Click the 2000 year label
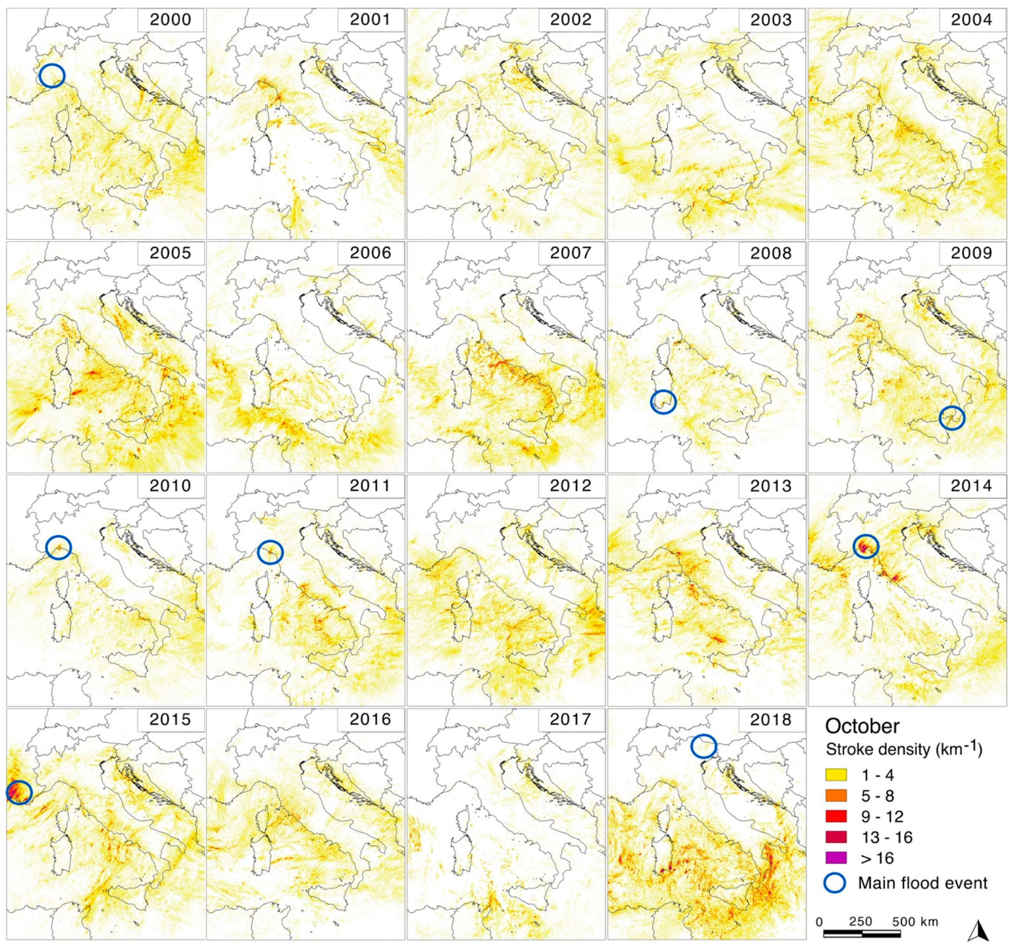(170, 20)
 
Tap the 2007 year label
(570, 253)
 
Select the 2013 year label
(771, 485)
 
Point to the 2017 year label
(570, 719)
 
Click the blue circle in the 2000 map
(52, 76)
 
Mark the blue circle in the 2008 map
(663, 402)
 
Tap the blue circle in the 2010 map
(59, 547)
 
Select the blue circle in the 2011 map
(270, 552)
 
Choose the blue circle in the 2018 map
(704, 746)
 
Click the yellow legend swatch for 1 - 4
(836, 775)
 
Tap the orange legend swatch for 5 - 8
(836, 796)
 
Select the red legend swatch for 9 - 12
(836, 816)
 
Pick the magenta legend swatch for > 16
(836, 858)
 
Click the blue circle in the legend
(835, 883)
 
